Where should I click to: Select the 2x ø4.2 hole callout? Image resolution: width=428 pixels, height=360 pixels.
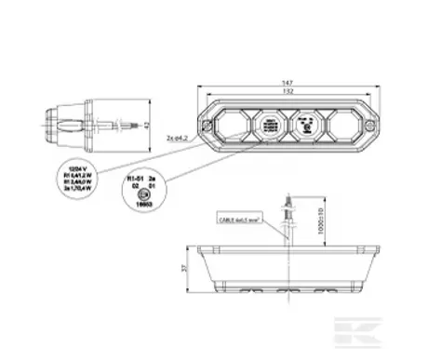point(179,138)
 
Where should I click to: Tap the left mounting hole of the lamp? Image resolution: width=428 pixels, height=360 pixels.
point(207,124)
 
